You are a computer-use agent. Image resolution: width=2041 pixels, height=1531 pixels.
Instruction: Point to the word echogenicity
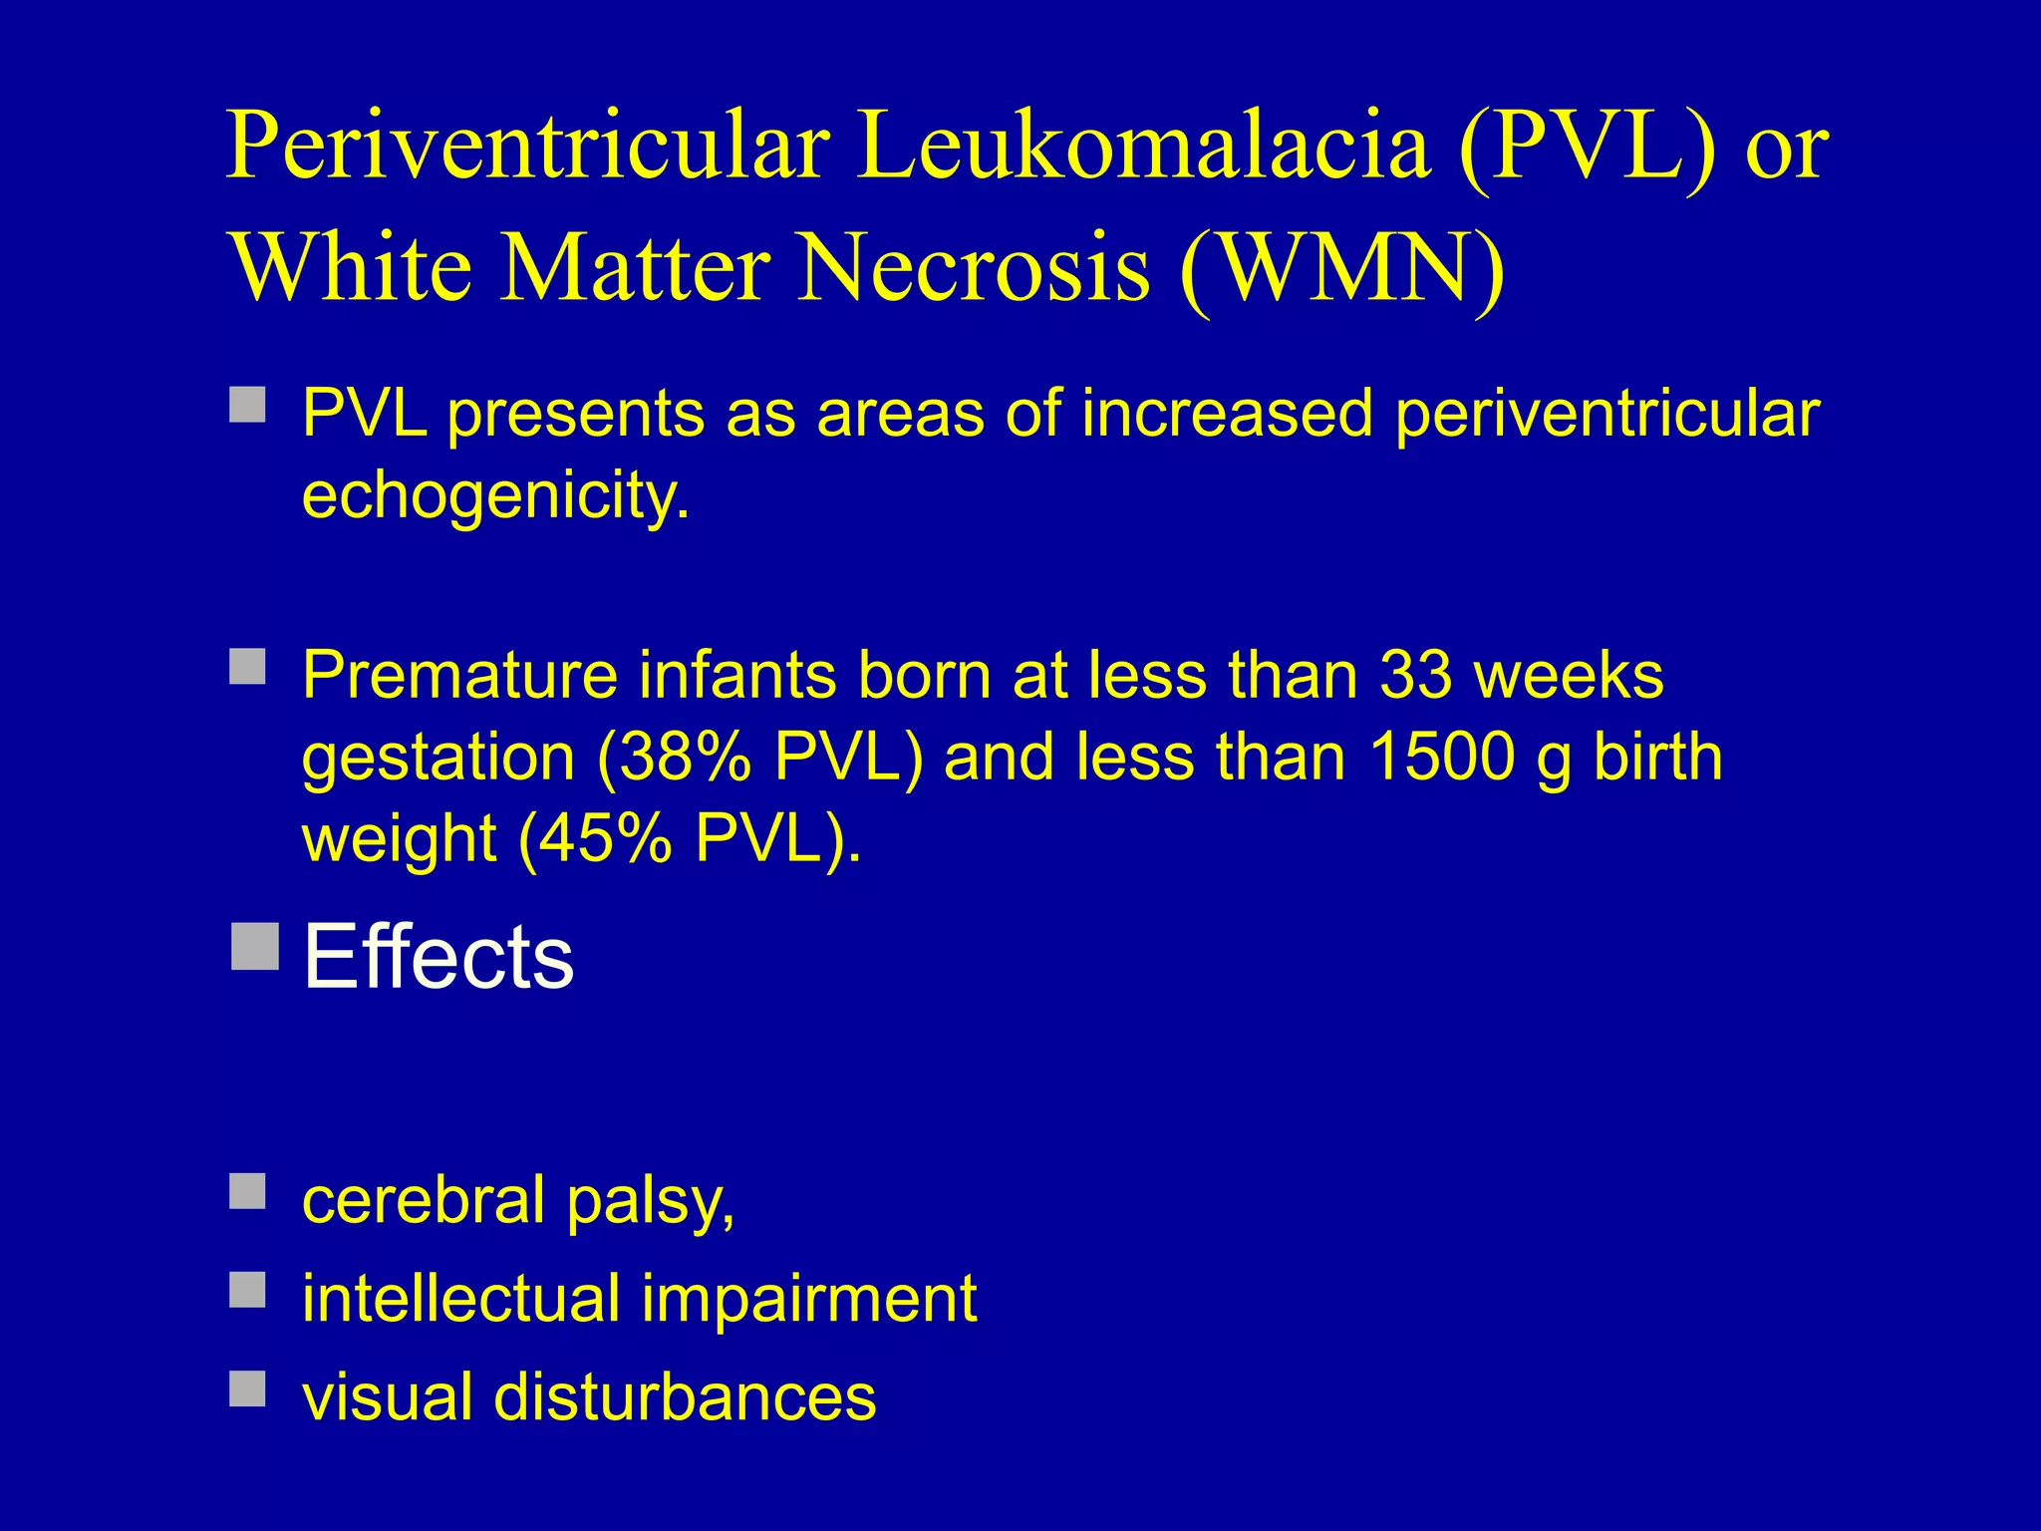[495, 496]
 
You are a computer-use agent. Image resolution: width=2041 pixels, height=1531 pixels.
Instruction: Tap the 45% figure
[596, 839]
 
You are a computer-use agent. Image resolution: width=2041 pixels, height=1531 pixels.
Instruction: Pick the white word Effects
[438, 957]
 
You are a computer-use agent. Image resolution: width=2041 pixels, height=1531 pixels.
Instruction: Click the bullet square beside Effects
[254, 946]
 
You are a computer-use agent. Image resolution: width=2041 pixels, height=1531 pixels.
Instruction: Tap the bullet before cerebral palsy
[247, 1191]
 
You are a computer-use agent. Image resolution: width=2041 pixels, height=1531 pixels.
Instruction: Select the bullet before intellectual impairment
[247, 1290]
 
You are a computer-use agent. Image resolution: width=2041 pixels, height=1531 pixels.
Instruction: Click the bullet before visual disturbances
[247, 1388]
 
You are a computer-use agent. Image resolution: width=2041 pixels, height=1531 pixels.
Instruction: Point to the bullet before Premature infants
[247, 667]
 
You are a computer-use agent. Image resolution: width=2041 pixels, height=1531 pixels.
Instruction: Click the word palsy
[651, 1202]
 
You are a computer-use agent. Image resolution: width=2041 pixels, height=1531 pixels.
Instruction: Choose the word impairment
[808, 1300]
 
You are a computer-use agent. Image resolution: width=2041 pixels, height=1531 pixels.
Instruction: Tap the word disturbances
[685, 1397]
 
